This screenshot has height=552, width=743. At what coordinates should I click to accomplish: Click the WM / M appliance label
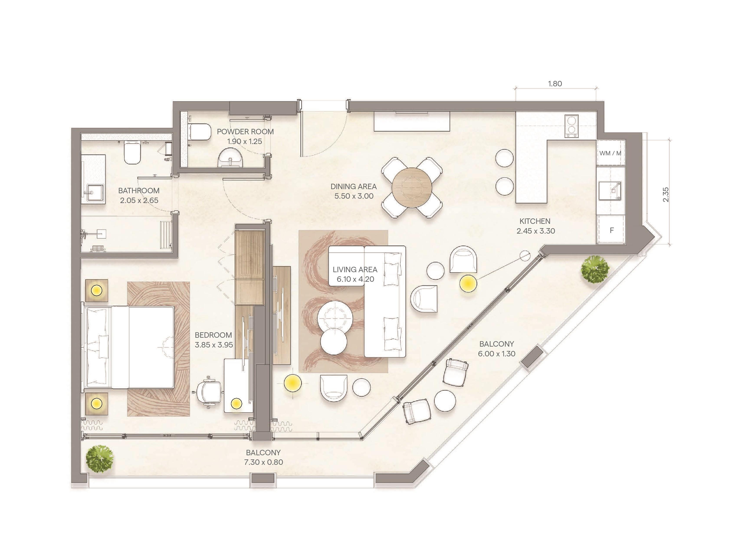[610, 153]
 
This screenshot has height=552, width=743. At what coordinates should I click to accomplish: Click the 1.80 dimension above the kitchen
[555, 84]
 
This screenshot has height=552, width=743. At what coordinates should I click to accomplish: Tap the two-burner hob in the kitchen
[572, 126]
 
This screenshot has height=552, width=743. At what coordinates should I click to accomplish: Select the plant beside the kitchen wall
[595, 269]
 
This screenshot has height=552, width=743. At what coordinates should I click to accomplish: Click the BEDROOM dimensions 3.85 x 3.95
[214, 345]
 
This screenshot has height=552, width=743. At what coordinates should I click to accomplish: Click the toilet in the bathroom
[132, 152]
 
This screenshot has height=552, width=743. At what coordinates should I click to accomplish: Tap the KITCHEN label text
[535, 221]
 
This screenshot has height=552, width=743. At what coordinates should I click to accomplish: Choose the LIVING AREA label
[355, 270]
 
